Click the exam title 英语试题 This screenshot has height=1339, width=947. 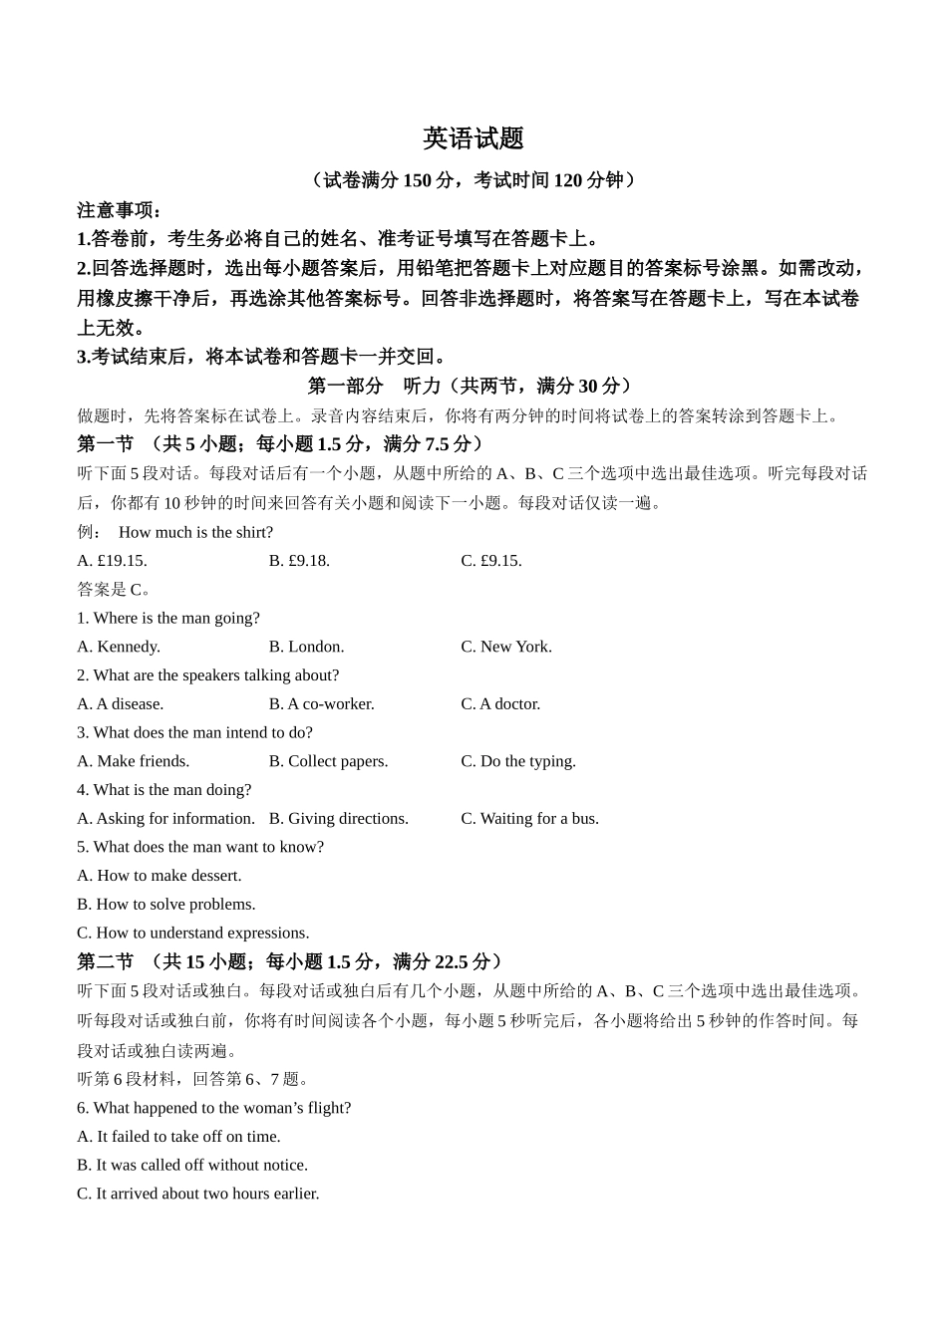pyautogui.click(x=473, y=138)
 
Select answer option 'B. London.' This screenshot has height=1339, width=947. pyautogui.click(x=306, y=647)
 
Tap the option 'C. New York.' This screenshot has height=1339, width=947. pyautogui.click(x=505, y=647)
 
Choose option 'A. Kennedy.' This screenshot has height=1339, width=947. pyautogui.click(x=119, y=647)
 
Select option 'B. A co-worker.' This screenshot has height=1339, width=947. pyautogui.click(x=321, y=704)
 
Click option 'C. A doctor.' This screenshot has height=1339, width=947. pyautogui.click(x=500, y=704)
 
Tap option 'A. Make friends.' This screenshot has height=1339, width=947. pyautogui.click(x=133, y=761)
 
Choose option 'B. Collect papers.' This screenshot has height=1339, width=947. pyautogui.click(x=328, y=761)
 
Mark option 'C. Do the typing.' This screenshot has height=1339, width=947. pyautogui.click(x=518, y=761)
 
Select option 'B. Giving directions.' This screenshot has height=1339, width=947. pyautogui.click(x=338, y=819)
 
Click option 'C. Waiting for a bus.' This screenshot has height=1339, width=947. pyautogui.click(x=529, y=819)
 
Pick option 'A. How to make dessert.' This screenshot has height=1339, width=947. pyautogui.click(x=159, y=876)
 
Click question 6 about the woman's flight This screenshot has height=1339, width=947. pyautogui.click(x=213, y=1108)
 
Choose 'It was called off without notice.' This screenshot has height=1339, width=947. pyautogui.click(x=192, y=1165)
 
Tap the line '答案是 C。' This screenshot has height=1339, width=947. pyautogui.click(x=114, y=590)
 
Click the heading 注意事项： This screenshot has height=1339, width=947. pyautogui.click(x=120, y=210)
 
